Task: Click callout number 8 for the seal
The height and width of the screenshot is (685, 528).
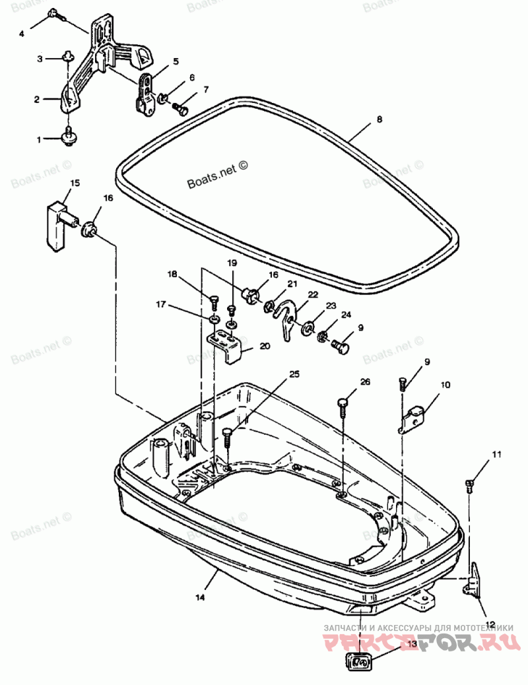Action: (x=379, y=119)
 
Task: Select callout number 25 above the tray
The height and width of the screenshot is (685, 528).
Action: (x=294, y=374)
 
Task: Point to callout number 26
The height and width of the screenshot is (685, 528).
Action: (x=365, y=382)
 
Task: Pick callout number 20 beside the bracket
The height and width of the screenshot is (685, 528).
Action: (x=265, y=346)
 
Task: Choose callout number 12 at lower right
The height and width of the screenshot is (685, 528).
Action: (x=490, y=623)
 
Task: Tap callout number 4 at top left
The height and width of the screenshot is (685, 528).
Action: (x=21, y=32)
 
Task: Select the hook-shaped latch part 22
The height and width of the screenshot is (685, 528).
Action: (x=287, y=316)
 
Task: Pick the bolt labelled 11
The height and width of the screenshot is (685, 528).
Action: (x=470, y=485)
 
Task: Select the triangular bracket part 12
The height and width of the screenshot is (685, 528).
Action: (x=473, y=579)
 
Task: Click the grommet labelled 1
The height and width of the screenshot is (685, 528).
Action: (x=67, y=137)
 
